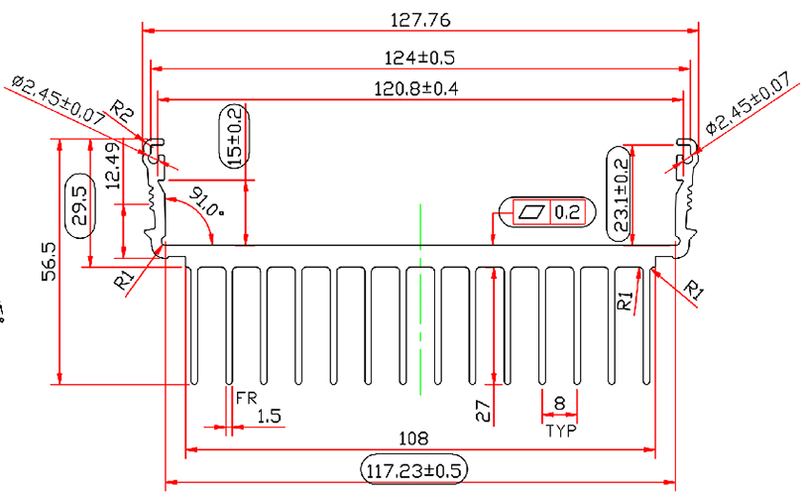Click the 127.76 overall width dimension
(x=421, y=19)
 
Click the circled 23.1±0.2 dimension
(x=621, y=195)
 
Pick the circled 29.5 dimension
(x=79, y=205)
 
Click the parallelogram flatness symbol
(x=531, y=211)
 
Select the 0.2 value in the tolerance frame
(x=567, y=211)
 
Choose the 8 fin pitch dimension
(x=560, y=403)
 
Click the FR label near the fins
(x=247, y=398)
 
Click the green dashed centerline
(x=421, y=298)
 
